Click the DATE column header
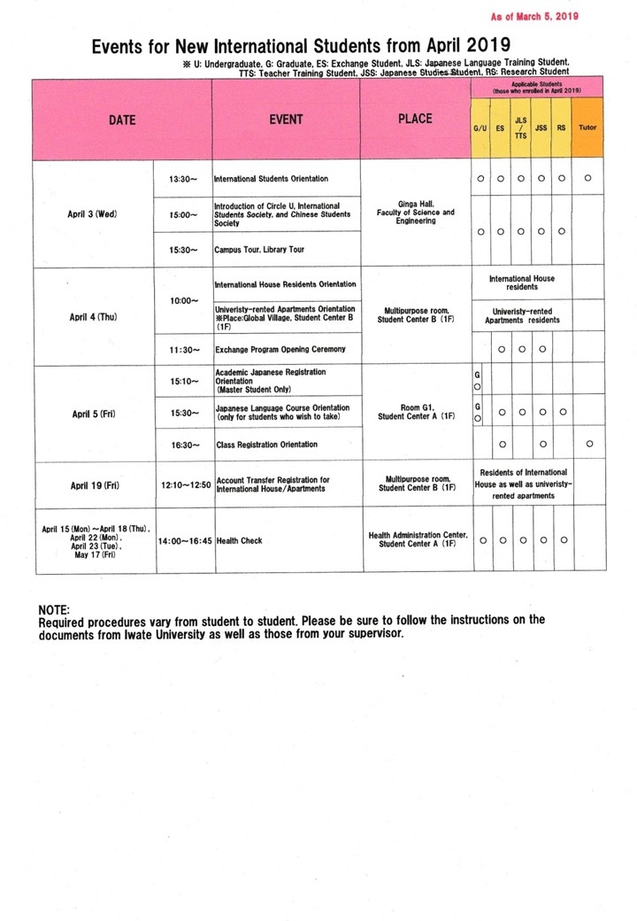(x=121, y=120)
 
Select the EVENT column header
(x=286, y=120)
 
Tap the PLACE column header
(x=415, y=120)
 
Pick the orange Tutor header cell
(x=587, y=128)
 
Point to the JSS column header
(x=541, y=128)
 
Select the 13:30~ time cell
(x=183, y=179)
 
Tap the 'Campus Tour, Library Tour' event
(x=260, y=250)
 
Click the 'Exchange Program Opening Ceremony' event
(x=281, y=350)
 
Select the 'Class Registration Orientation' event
(x=267, y=444)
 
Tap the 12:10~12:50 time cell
(x=186, y=485)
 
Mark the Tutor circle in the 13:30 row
(x=588, y=179)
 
